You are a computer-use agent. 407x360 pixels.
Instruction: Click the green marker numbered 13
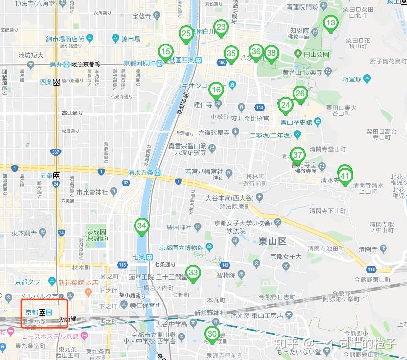click(x=331, y=23)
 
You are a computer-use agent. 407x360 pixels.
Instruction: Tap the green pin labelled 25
click(x=186, y=34)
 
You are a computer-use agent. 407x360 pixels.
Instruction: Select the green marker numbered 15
click(x=166, y=51)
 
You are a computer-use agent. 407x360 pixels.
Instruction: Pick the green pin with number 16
click(x=216, y=90)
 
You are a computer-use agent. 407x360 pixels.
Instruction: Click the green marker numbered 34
click(x=142, y=226)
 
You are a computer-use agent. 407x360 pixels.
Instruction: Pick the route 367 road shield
click(x=56, y=152)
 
